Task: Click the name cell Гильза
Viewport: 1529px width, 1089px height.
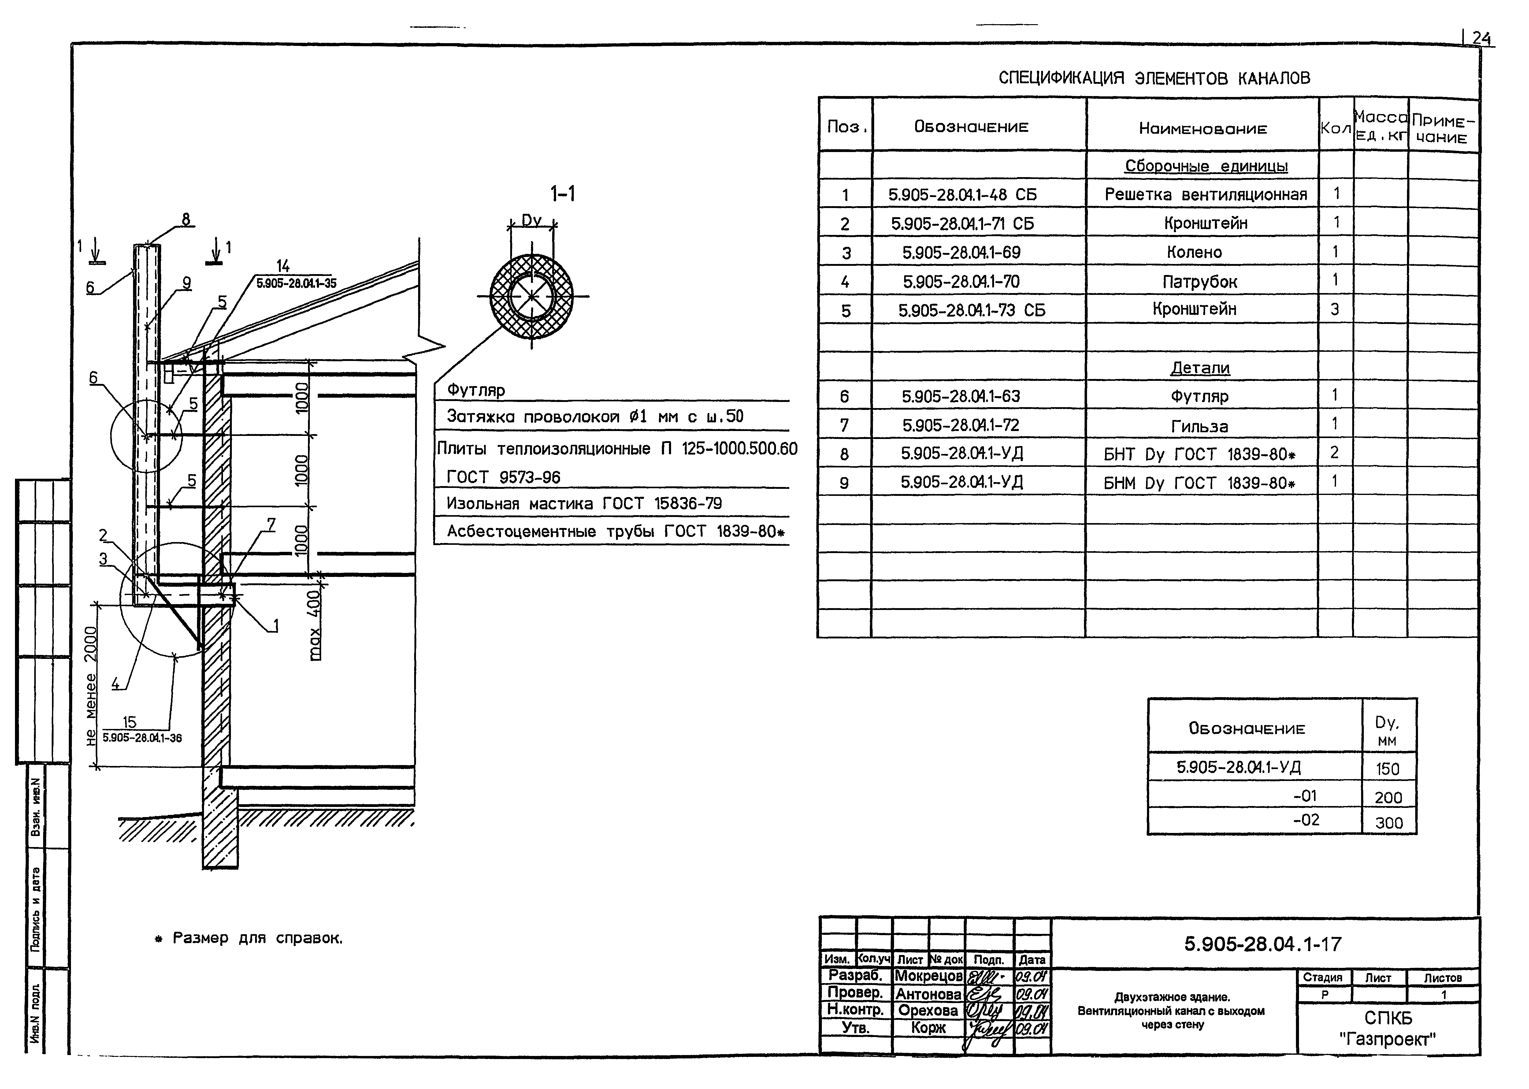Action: [x=1199, y=426]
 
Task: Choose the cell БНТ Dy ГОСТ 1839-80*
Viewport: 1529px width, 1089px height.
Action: [x=1199, y=455]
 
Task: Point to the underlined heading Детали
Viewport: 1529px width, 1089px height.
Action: [x=1200, y=367]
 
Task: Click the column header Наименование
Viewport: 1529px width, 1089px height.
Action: [x=1203, y=129]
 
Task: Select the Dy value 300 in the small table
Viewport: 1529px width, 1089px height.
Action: [x=1388, y=823]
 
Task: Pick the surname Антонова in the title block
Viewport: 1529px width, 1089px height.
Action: [x=928, y=994]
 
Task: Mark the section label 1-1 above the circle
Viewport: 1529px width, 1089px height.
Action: [x=562, y=195]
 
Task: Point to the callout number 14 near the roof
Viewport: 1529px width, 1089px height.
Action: [x=283, y=267]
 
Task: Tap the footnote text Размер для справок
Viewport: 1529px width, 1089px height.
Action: [x=258, y=938]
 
